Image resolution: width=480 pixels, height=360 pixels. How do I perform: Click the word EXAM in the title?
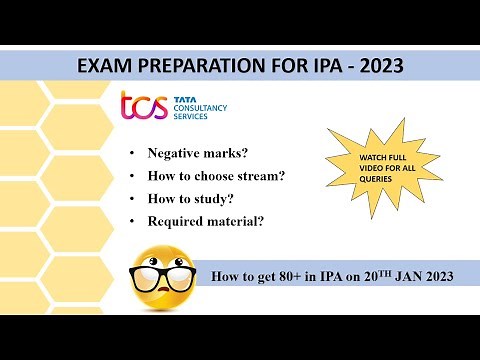tap(103, 66)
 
